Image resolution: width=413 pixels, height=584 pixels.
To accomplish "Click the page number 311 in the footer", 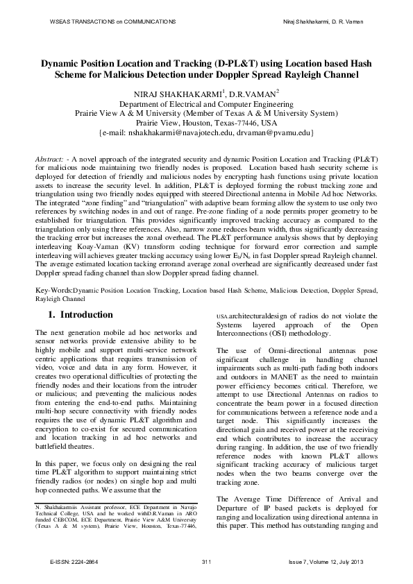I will pyautogui.click(x=206, y=560).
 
